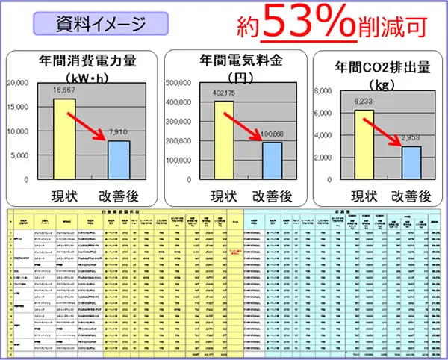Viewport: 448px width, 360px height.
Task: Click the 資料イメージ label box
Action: tap(102, 24)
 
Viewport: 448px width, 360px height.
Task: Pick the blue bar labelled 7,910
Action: tap(119, 160)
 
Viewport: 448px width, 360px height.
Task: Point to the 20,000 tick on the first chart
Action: tap(18, 84)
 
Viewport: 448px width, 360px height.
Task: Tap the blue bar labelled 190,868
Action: tap(272, 161)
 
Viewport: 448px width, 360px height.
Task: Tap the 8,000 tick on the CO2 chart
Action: tap(321, 91)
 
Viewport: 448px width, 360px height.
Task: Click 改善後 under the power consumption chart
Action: tap(122, 196)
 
